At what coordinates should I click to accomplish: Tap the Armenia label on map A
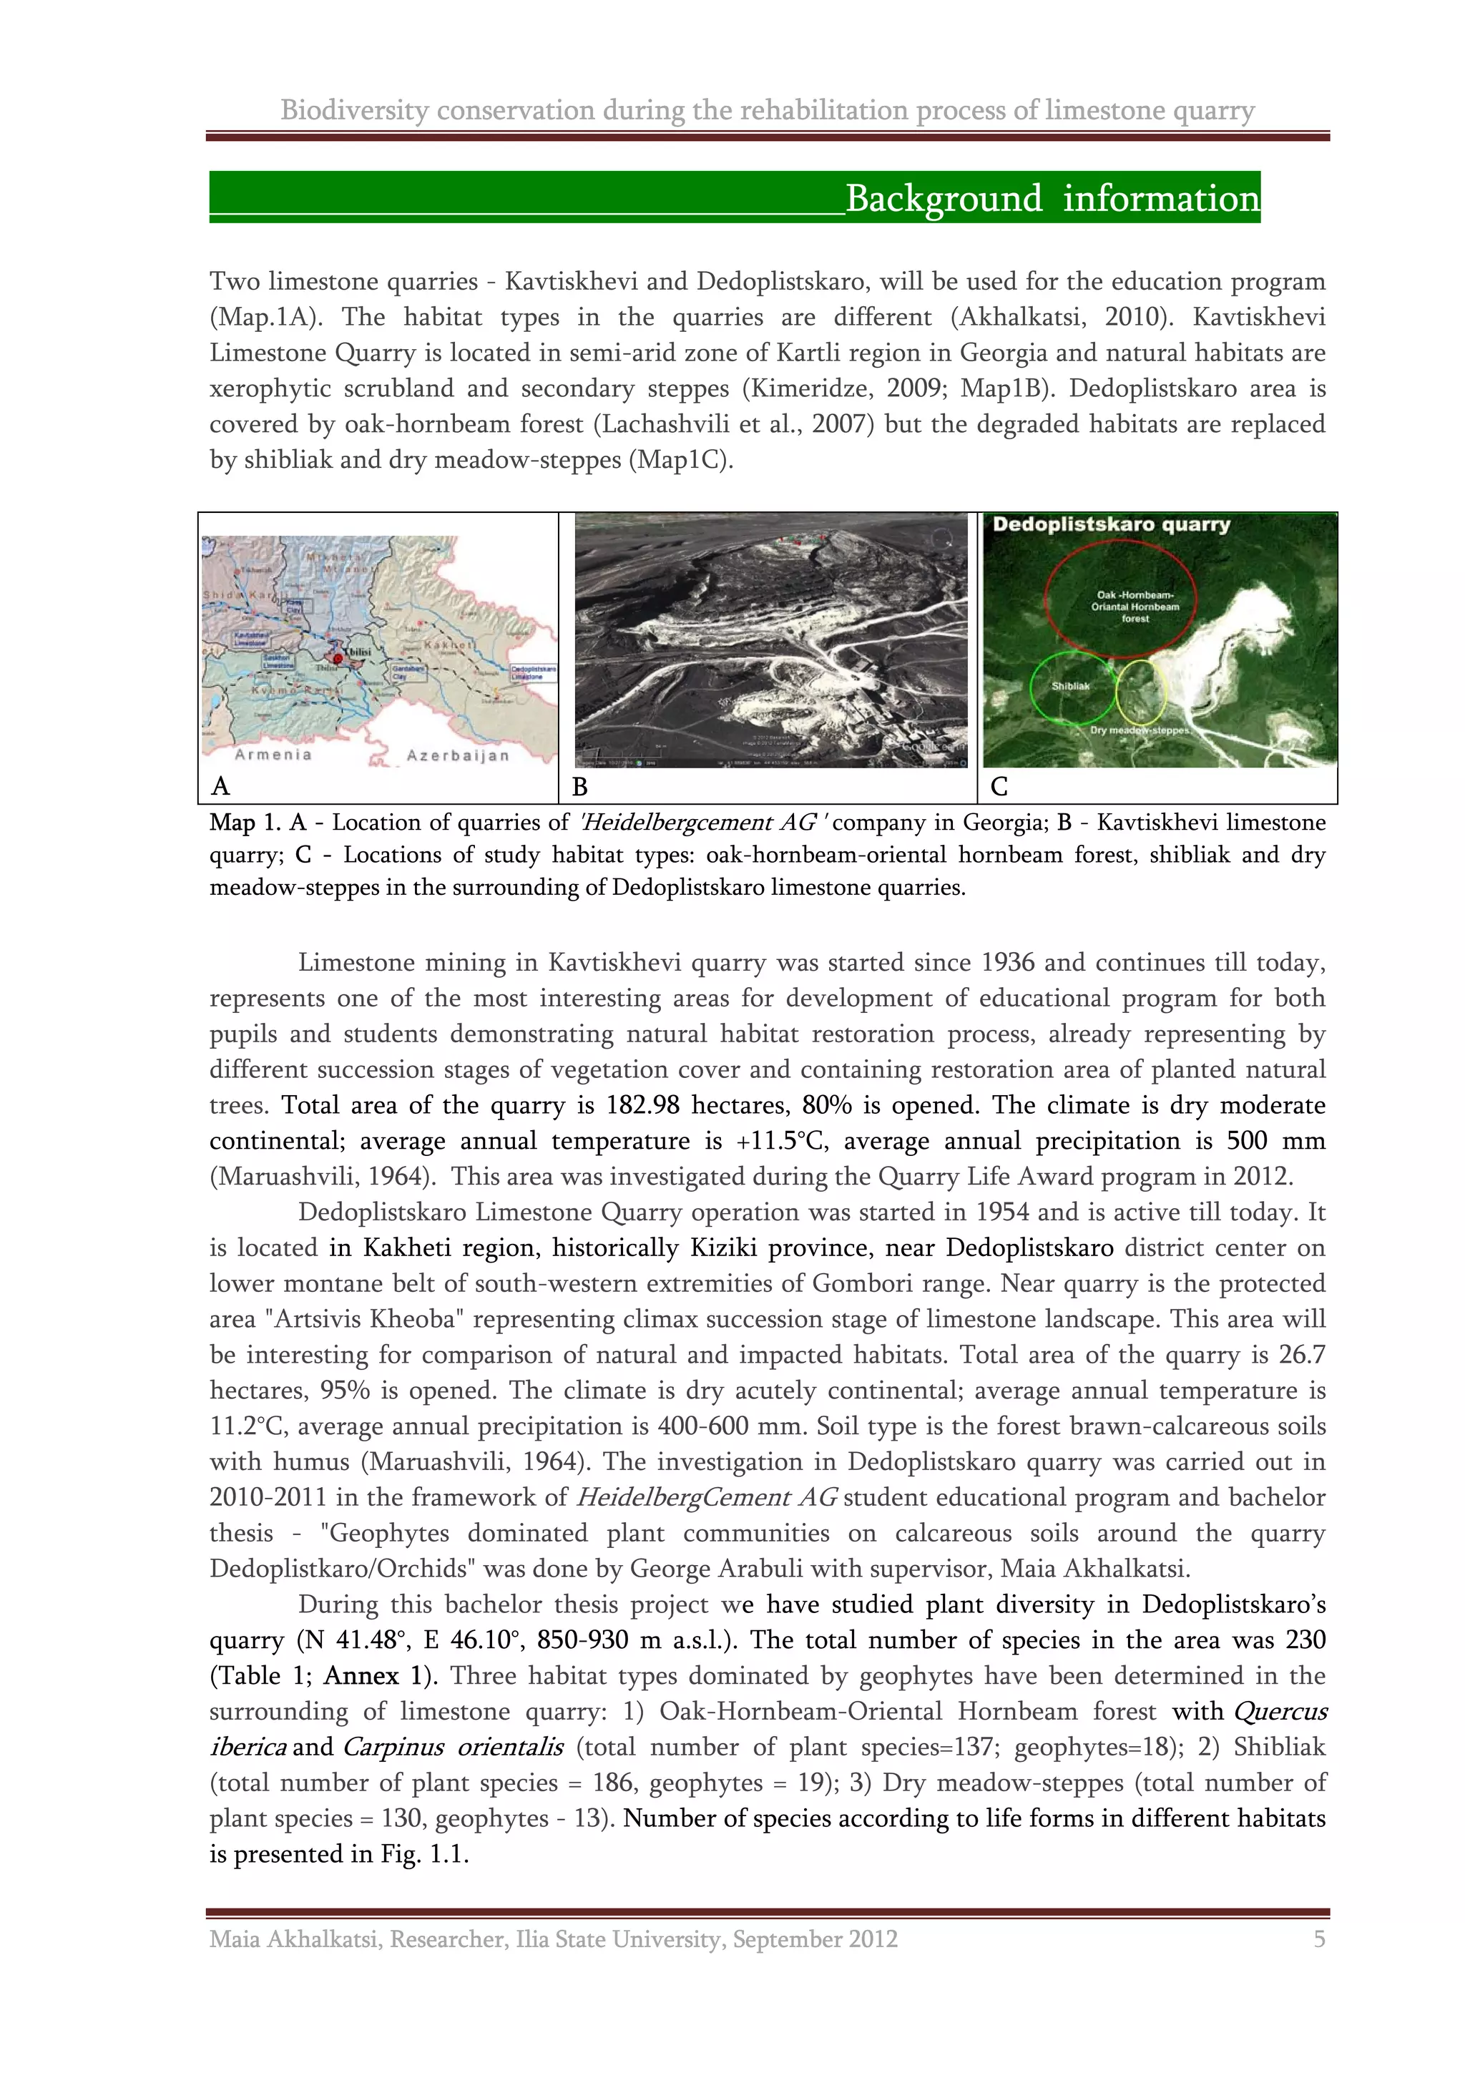point(273,754)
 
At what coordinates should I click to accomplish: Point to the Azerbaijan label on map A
point(458,755)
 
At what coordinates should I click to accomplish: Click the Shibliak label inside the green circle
point(1071,686)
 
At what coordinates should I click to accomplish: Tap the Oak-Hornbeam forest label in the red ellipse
point(1135,607)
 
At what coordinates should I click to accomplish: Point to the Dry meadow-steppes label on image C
point(1139,730)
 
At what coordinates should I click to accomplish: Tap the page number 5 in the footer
point(1319,1939)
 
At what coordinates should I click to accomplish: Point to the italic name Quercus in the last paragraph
point(1279,1711)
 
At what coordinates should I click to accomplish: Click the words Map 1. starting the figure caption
point(245,823)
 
